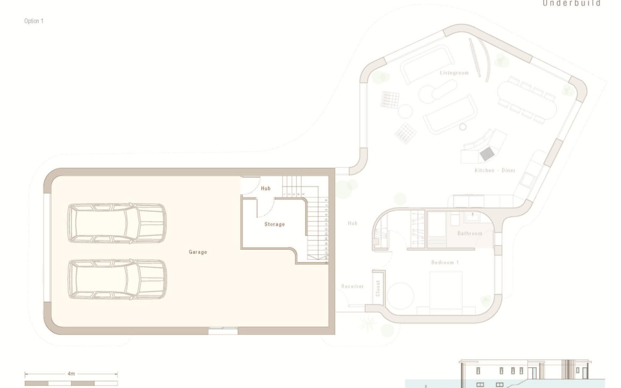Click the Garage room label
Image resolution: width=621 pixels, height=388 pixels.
pyautogui.click(x=198, y=252)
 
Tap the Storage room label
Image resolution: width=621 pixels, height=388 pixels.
pyautogui.click(x=274, y=224)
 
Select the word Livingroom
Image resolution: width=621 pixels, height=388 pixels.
pyautogui.click(x=454, y=73)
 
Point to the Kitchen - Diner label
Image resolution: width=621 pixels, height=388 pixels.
pyautogui.click(x=495, y=171)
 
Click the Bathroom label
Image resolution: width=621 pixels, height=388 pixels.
pyautogui.click(x=470, y=234)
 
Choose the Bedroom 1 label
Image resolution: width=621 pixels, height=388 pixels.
pyautogui.click(x=445, y=262)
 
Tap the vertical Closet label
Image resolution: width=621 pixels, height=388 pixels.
pyautogui.click(x=378, y=288)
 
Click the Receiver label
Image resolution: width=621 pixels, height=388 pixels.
pyautogui.click(x=353, y=287)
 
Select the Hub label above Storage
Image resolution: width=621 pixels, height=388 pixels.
pyautogui.click(x=265, y=188)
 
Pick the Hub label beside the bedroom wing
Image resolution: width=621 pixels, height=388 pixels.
pyautogui.click(x=353, y=223)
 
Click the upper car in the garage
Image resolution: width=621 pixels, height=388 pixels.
pyautogui.click(x=117, y=223)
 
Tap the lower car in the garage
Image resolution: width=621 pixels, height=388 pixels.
pyautogui.click(x=117, y=279)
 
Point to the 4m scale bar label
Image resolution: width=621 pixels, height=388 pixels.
pyautogui.click(x=71, y=374)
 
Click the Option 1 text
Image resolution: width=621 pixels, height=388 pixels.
pyautogui.click(x=34, y=21)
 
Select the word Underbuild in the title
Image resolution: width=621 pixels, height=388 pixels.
pyautogui.click(x=571, y=3)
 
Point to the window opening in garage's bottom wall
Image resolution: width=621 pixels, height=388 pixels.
pyautogui.click(x=223, y=331)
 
